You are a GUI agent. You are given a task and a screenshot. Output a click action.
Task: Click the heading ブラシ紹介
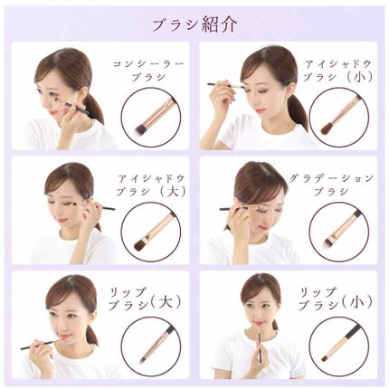(194, 24)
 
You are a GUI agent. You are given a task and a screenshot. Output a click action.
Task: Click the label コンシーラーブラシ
(148, 71)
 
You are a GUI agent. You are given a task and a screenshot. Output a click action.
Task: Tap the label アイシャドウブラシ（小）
(337, 71)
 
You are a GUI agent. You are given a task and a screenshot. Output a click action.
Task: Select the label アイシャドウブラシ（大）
(151, 185)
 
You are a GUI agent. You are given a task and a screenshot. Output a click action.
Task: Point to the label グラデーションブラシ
(331, 185)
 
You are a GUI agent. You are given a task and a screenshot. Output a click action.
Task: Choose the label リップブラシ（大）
(145, 299)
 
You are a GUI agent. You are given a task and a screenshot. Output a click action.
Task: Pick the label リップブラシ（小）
(335, 299)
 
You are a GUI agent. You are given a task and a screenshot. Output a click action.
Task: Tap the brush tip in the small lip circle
(327, 358)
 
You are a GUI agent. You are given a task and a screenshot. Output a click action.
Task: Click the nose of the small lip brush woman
(255, 313)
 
